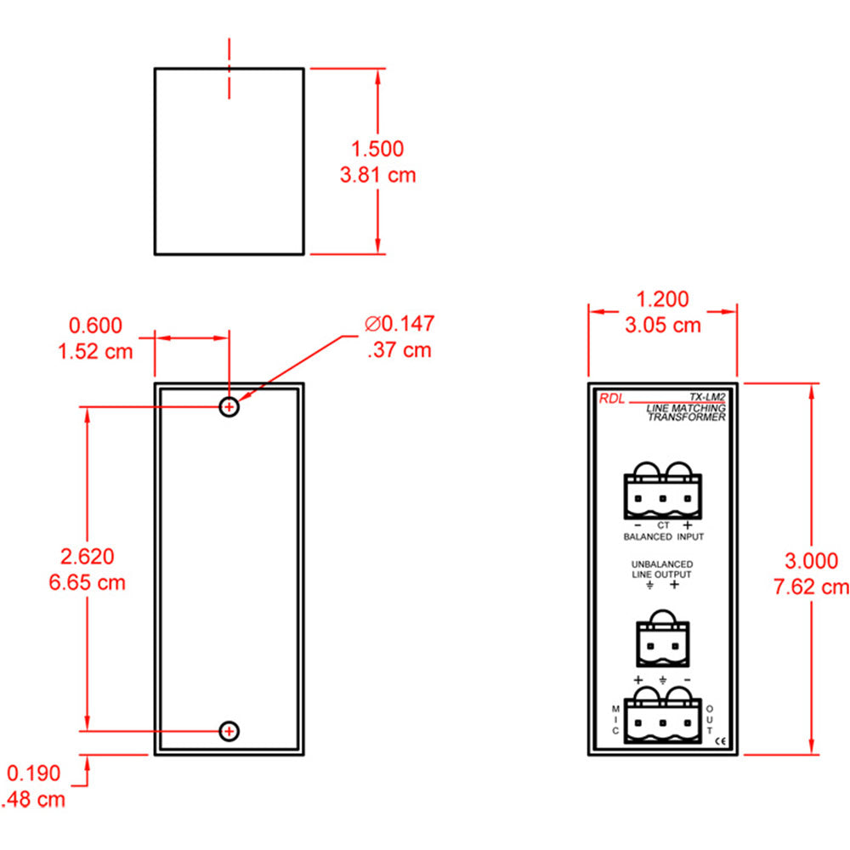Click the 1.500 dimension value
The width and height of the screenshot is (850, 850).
click(x=377, y=149)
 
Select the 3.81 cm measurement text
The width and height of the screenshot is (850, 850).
click(x=377, y=176)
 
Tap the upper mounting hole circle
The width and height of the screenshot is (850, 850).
click(x=229, y=407)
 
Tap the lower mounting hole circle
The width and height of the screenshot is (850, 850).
click(x=229, y=730)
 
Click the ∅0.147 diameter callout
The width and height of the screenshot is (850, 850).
click(x=399, y=324)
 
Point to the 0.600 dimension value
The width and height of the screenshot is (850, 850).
click(x=95, y=325)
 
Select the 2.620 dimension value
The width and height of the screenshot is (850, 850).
click(x=87, y=557)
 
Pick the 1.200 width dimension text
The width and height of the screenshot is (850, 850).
click(x=663, y=299)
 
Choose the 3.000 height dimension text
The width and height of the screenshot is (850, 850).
click(x=811, y=560)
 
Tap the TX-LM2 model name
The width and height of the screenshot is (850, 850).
click(x=706, y=396)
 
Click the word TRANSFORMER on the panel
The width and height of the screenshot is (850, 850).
click(x=687, y=417)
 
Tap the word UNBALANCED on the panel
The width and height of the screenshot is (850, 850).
click(x=661, y=564)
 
